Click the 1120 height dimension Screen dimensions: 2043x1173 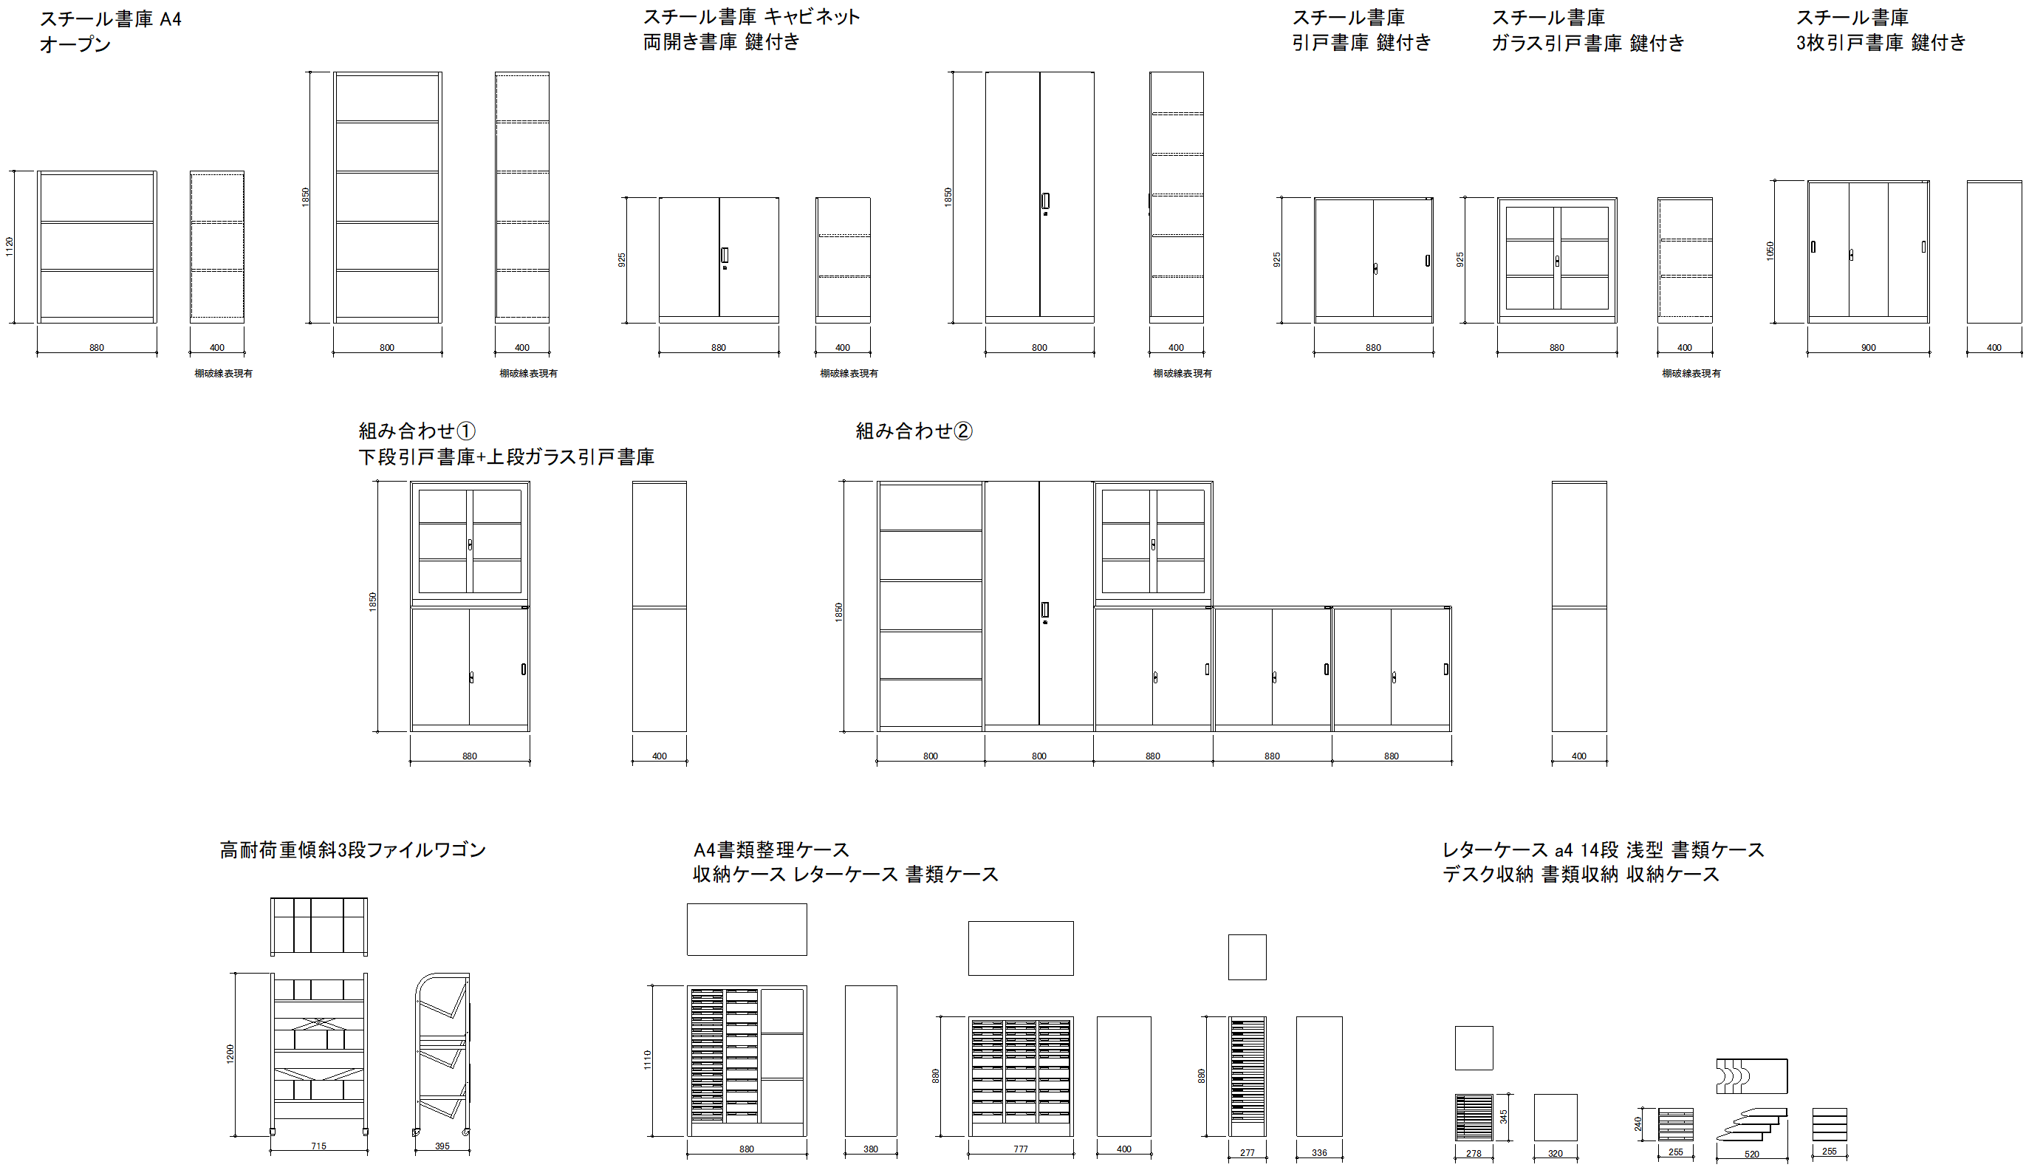click(x=10, y=247)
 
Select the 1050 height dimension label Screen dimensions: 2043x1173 click(x=1770, y=250)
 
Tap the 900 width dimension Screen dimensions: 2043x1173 click(x=1868, y=348)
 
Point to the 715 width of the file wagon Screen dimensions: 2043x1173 click(x=318, y=1146)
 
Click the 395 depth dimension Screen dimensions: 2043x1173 click(x=442, y=1146)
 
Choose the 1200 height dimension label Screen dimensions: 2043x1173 click(x=230, y=1054)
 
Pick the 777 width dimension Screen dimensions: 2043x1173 click(x=1021, y=1149)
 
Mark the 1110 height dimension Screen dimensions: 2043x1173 click(x=648, y=1060)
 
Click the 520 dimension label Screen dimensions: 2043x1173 click(x=1751, y=1155)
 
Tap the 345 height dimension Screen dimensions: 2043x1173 click(x=1503, y=1117)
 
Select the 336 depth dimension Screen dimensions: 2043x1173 click(x=1320, y=1153)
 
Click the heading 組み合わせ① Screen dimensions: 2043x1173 click(x=417, y=431)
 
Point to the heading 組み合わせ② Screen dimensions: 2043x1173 click(x=914, y=431)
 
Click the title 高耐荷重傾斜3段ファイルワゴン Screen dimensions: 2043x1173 click(x=353, y=850)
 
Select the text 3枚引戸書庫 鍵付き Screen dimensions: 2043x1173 click(x=1881, y=42)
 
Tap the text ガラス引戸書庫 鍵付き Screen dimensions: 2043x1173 click(x=1588, y=43)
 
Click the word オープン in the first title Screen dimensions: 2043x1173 click(x=75, y=44)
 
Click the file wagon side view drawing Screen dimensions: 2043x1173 click(x=442, y=1055)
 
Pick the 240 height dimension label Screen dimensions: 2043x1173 click(x=1638, y=1123)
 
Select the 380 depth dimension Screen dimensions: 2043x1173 click(x=871, y=1149)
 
